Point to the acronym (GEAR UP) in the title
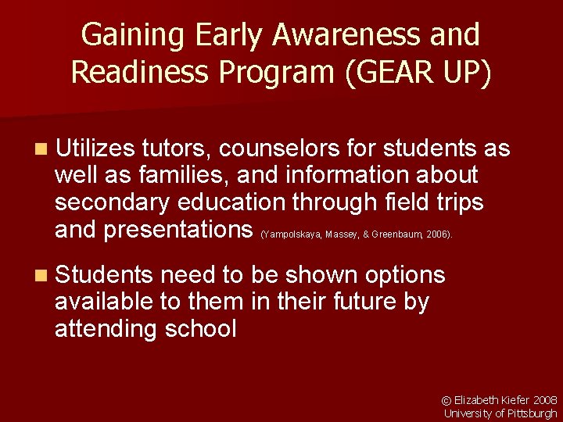pos(415,72)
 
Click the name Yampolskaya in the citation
pos(291,234)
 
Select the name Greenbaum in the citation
pos(396,234)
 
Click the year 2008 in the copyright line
pos(545,400)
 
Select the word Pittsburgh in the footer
pos(532,413)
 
